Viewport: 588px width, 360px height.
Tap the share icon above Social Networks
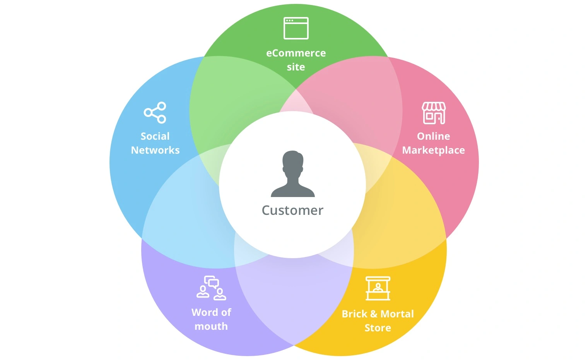(x=155, y=113)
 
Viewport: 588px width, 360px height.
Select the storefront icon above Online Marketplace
(x=434, y=113)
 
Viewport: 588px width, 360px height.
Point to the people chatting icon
(x=211, y=288)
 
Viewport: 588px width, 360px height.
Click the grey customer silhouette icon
(x=293, y=174)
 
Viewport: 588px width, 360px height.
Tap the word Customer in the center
(x=292, y=210)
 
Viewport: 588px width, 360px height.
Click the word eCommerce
(x=296, y=53)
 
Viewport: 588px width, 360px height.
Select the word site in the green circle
(x=296, y=67)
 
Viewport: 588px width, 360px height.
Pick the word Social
(x=155, y=136)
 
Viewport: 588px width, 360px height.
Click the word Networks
(x=155, y=150)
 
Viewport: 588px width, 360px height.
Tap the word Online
(x=433, y=136)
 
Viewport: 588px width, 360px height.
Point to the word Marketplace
(x=433, y=151)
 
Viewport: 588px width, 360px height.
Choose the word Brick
(x=354, y=314)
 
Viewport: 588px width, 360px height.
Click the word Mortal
(x=397, y=314)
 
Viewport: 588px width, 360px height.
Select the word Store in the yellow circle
(x=378, y=328)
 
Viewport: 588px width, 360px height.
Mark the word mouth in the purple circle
(x=211, y=326)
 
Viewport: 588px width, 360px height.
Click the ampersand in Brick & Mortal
(x=374, y=314)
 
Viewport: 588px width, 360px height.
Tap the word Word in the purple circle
(x=203, y=312)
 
